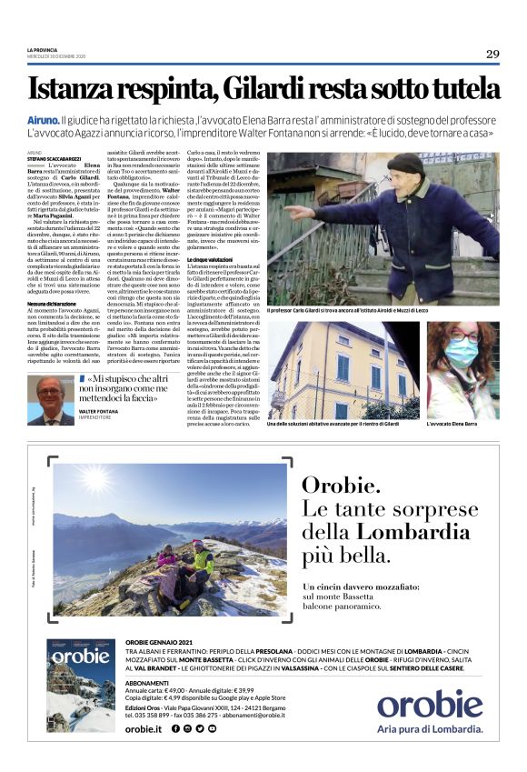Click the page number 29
(x=492, y=54)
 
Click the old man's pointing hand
(x=294, y=213)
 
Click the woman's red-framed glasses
(x=462, y=358)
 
